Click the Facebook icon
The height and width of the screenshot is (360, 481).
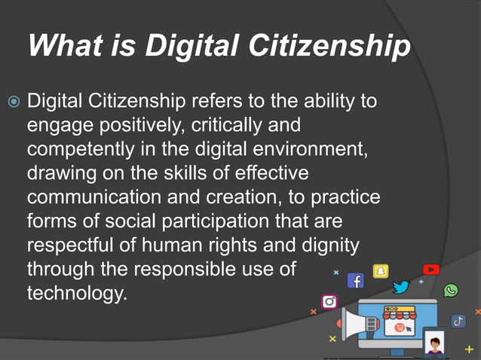[x=355, y=281]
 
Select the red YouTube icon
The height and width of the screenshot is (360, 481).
[x=430, y=269]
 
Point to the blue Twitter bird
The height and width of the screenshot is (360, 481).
[x=401, y=287]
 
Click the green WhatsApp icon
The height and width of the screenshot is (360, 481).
[x=451, y=291]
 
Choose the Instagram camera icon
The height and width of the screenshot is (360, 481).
[x=329, y=301]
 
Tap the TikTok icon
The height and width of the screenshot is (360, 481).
[x=458, y=321]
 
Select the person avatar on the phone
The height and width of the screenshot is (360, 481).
[x=434, y=345]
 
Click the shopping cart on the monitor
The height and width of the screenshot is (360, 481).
[x=397, y=328]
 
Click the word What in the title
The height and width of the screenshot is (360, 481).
[x=60, y=47]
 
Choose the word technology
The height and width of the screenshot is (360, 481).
[x=76, y=294]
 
